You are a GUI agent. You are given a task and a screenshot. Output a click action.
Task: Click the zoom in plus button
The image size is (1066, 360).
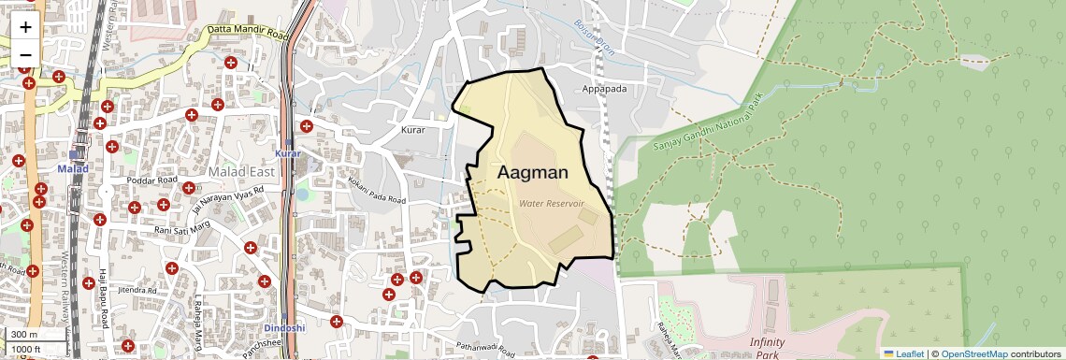[x=25, y=26]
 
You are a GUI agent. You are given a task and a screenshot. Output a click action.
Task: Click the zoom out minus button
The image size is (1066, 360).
[x=25, y=54]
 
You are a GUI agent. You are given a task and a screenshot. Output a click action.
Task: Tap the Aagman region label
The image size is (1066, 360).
[x=533, y=172]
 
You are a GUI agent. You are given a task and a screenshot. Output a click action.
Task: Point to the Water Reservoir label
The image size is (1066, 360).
[x=552, y=203]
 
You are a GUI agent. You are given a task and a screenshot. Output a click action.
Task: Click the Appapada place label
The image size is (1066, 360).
[x=603, y=89]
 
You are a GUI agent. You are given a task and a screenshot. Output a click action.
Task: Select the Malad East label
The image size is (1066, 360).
[x=241, y=172]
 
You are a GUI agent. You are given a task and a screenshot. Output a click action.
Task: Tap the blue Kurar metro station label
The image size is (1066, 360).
[x=288, y=152]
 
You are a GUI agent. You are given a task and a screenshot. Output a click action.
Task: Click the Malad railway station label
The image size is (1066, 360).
[x=72, y=168]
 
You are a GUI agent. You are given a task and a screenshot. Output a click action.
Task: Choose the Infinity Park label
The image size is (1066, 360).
[x=767, y=348]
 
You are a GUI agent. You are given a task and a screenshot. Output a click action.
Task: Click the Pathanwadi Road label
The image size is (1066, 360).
[x=481, y=351]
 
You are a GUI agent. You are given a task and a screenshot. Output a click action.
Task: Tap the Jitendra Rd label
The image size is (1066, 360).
[x=135, y=291]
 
